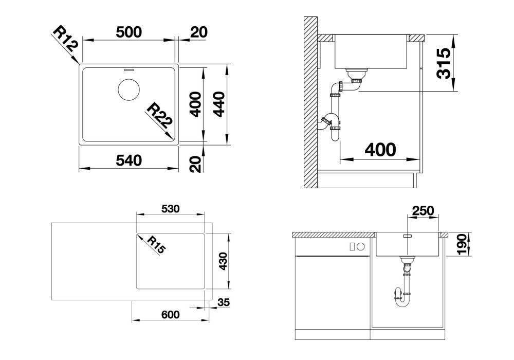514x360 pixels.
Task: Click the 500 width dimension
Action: coord(129,32)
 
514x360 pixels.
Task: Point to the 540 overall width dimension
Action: coord(129,160)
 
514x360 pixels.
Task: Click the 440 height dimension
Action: coord(219,104)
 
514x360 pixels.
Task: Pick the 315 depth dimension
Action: coord(444,63)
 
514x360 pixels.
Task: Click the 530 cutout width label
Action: coord(171,208)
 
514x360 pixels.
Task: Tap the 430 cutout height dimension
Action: coord(223,261)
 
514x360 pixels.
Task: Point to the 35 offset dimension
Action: coord(224,302)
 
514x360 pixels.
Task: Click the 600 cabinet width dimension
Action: coord(171,315)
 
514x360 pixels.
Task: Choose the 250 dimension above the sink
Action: coord(423,210)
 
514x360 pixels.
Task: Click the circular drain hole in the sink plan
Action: coord(128,89)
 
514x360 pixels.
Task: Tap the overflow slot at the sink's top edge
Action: coord(128,70)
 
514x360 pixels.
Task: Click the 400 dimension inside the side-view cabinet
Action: coord(380,150)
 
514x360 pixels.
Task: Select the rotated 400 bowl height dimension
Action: coord(196,104)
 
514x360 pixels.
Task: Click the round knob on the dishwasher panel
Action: coord(361,246)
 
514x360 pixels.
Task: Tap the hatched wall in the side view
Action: coord(310,102)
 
